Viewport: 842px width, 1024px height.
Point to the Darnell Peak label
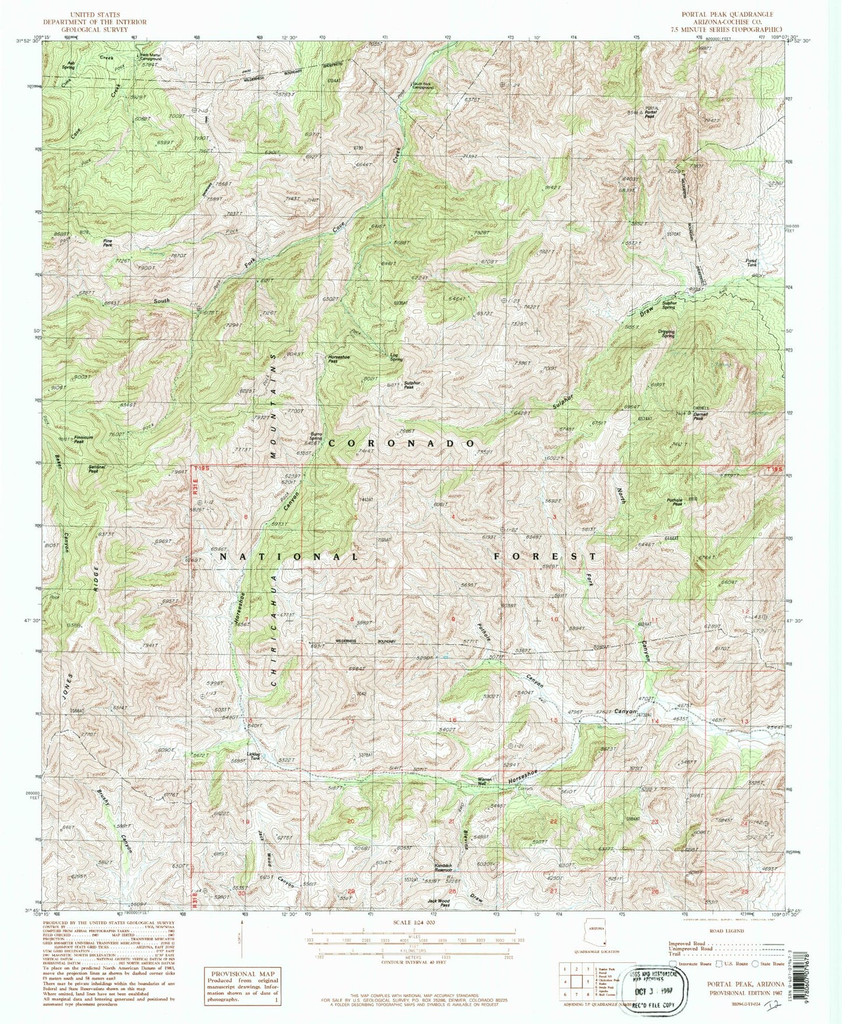[701, 417]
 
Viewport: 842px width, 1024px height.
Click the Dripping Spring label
[666, 335]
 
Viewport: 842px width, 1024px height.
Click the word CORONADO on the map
[403, 444]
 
